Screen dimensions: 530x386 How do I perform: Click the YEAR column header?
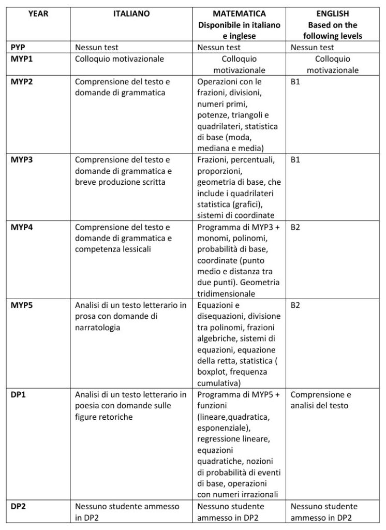pyautogui.click(x=37, y=14)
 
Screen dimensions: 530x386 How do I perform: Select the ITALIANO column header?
pyautogui.click(x=131, y=14)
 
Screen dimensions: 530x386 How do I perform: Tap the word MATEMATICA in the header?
pyautogui.click(x=239, y=14)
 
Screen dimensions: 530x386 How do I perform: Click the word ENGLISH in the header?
pyautogui.click(x=332, y=14)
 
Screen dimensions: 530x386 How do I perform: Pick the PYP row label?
pyautogui.click(x=18, y=48)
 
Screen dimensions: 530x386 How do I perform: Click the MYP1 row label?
pyautogui.click(x=21, y=59)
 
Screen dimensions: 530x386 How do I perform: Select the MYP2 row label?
pyautogui.click(x=21, y=82)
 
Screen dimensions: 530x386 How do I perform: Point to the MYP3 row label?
pyautogui.click(x=21, y=160)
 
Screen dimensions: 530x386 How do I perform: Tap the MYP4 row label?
pyautogui.click(x=21, y=227)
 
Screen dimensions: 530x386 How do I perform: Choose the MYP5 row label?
pyautogui.click(x=21, y=305)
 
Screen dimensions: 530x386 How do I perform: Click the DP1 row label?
pyautogui.click(x=18, y=394)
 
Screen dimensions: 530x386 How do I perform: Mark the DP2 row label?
pyautogui.click(x=18, y=506)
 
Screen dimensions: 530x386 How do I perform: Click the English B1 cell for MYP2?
pyautogui.click(x=295, y=82)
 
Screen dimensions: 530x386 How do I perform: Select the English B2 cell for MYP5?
pyautogui.click(x=295, y=305)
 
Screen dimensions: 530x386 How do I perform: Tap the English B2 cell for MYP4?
pyautogui.click(x=295, y=227)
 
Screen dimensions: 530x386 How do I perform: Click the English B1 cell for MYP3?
pyautogui.click(x=295, y=160)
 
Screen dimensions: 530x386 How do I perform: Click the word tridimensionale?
pyautogui.click(x=226, y=294)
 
